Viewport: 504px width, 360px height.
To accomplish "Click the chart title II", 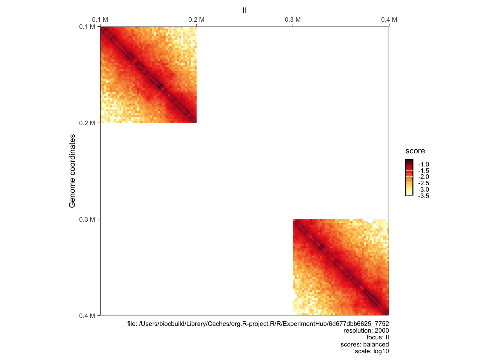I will tap(244, 10).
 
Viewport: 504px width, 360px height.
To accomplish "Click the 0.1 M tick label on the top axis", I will tap(100, 19).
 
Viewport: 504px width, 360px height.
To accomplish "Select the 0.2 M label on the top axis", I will tap(196, 19).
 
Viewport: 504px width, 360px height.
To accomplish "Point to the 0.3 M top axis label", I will tap(292, 19).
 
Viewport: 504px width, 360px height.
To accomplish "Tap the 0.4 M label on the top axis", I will tap(389, 19).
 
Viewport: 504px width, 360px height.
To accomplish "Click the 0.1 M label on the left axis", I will tap(87, 27).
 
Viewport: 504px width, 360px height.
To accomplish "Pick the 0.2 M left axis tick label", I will tap(87, 123).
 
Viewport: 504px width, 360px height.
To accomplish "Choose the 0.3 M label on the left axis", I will tap(87, 219).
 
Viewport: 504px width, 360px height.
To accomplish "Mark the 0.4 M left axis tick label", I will tap(87, 316).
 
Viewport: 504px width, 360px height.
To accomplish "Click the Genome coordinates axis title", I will tap(72, 171).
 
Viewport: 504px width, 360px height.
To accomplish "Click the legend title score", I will tap(415, 151).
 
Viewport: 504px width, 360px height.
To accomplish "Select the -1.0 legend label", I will tap(423, 164).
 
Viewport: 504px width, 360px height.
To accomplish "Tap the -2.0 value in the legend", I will tap(423, 177).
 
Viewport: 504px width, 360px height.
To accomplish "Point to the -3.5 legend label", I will tap(423, 196).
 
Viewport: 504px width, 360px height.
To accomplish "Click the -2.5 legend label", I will tap(423, 183).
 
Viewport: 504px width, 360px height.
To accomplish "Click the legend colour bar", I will tap(409, 177).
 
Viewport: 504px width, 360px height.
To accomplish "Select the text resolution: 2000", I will tap(366, 331).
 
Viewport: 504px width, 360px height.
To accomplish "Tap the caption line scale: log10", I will tap(372, 351).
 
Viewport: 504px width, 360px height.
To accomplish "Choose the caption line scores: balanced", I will tap(364, 345).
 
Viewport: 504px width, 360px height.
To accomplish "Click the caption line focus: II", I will tap(378, 337).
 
